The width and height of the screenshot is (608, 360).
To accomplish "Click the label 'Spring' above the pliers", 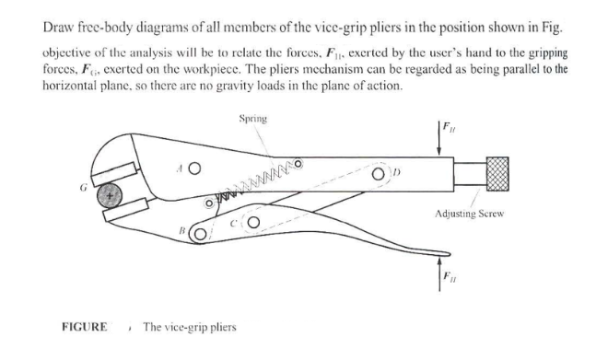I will pyautogui.click(x=253, y=118).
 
